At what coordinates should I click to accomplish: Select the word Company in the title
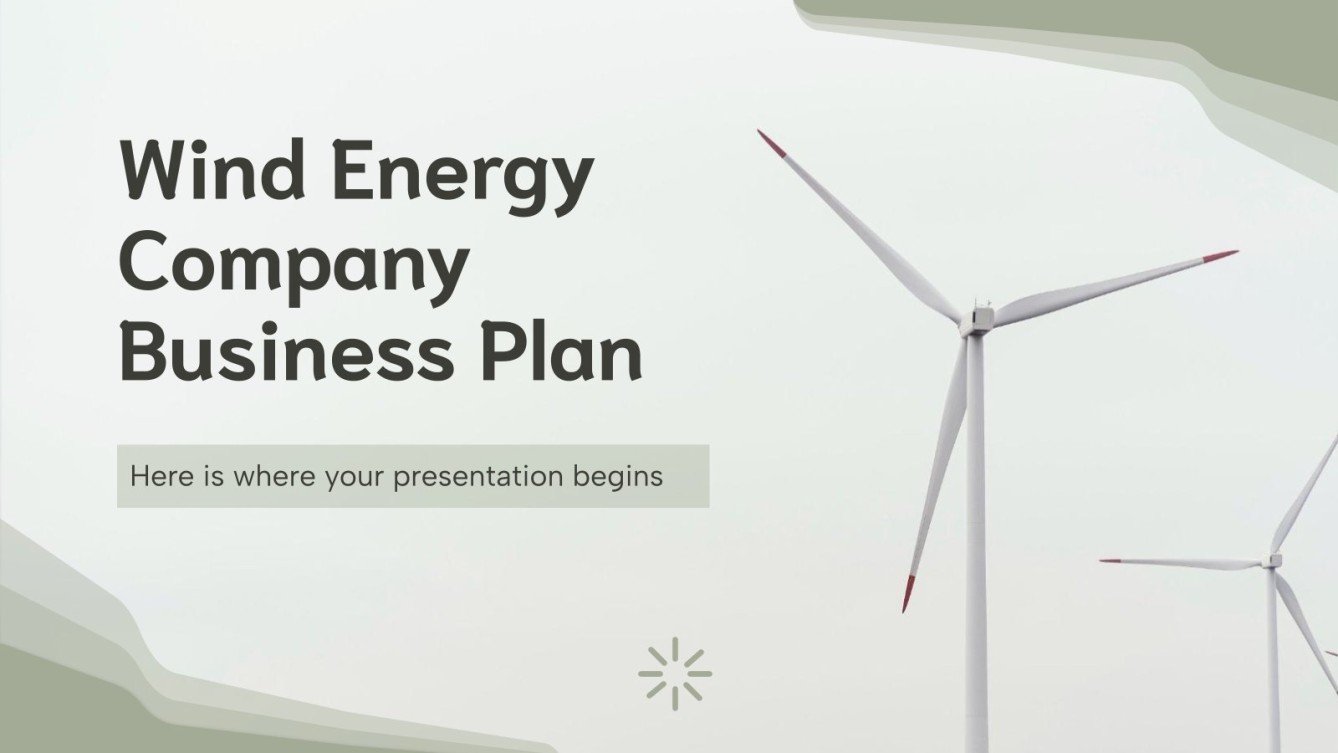[x=294, y=267]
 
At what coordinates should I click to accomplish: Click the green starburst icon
[x=675, y=670]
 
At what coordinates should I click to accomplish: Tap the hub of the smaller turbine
[x=1272, y=560]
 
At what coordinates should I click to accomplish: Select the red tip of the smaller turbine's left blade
[x=1109, y=561]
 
